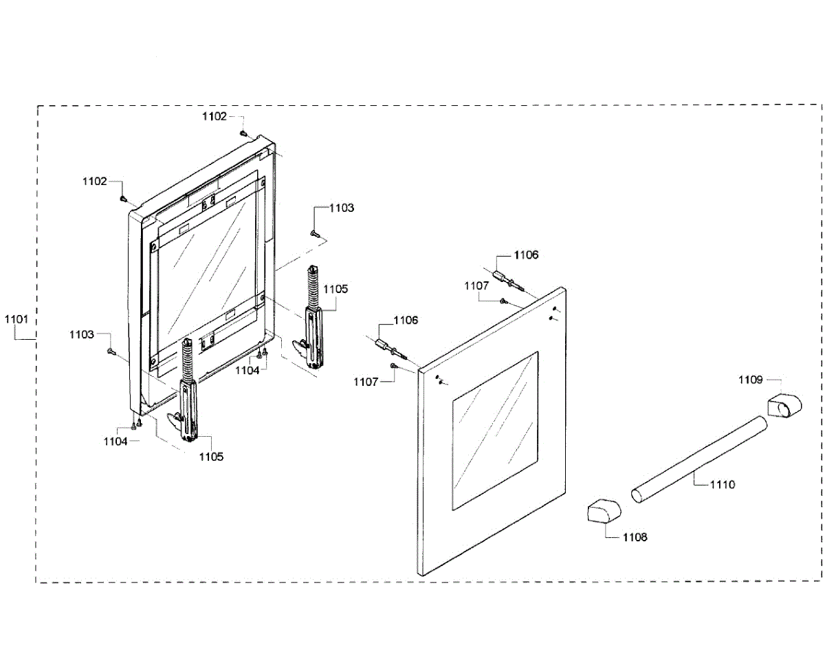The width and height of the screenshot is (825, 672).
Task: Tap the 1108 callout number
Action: coord(635,537)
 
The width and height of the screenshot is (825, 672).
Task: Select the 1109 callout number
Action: coord(751,380)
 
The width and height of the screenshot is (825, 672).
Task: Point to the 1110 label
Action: coord(723,485)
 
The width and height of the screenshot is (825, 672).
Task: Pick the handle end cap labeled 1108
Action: coord(603,512)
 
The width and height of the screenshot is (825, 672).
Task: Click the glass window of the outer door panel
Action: coord(495,431)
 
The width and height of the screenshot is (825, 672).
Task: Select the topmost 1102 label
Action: coord(214,117)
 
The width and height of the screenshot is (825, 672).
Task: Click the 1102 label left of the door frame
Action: coord(95,182)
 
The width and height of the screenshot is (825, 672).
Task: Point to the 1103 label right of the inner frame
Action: coord(342,208)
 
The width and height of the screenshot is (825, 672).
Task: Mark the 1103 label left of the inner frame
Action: coord(81,334)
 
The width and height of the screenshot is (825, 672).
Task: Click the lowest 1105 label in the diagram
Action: coord(211,456)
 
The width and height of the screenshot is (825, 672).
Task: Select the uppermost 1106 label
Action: coord(527,255)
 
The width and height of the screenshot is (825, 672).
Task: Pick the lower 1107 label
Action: coord(366,382)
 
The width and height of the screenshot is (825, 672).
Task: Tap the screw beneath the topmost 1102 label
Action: coord(243,132)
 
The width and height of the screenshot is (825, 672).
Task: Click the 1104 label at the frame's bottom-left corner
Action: coord(115,442)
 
